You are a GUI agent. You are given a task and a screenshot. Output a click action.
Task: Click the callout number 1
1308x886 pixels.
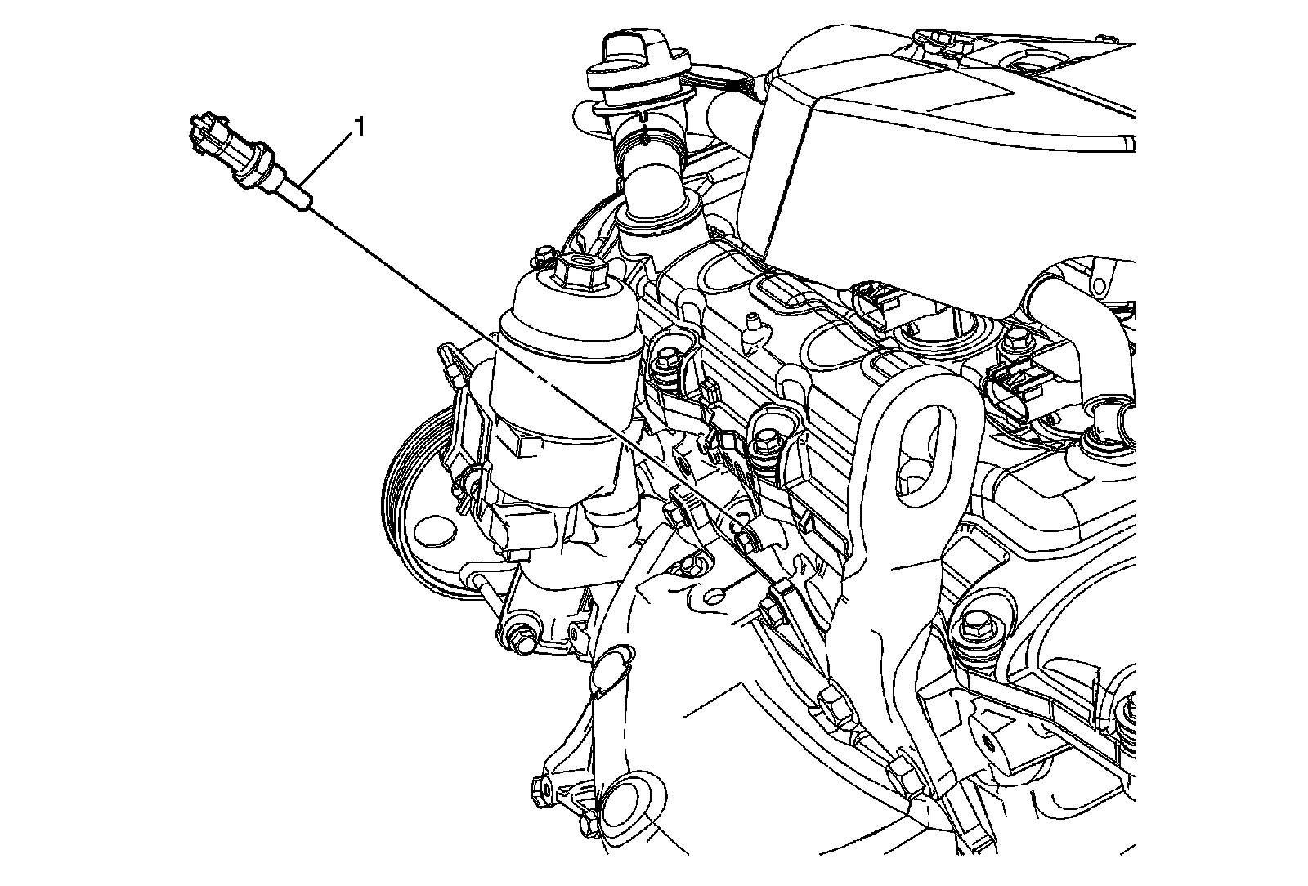tap(360, 127)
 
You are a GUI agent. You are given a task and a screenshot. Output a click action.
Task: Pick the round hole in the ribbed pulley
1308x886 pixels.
tap(433, 530)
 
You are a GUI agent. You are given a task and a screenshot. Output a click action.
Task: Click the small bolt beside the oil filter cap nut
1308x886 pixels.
tap(544, 255)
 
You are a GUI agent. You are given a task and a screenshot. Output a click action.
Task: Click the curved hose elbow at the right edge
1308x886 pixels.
tap(1086, 327)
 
